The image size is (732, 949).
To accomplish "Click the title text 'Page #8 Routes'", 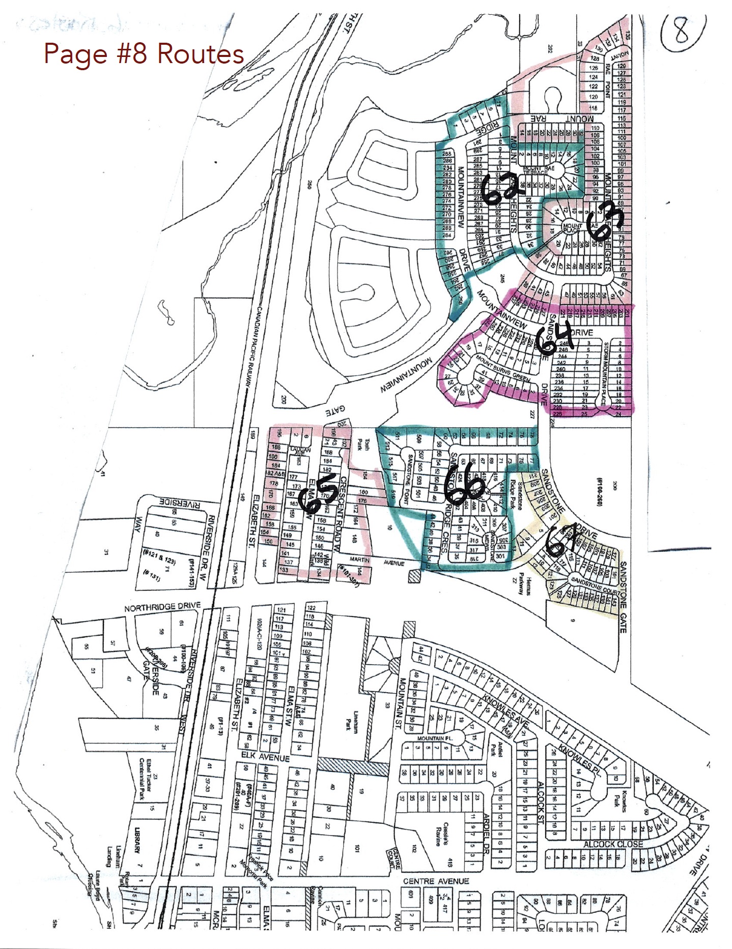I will pyautogui.click(x=144, y=54).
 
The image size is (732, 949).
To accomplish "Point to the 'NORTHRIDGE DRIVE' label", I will pyautogui.click(x=162, y=607).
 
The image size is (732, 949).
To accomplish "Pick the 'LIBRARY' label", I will pyautogui.click(x=136, y=842).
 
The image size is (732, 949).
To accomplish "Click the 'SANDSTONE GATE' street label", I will pyautogui.click(x=622, y=591).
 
